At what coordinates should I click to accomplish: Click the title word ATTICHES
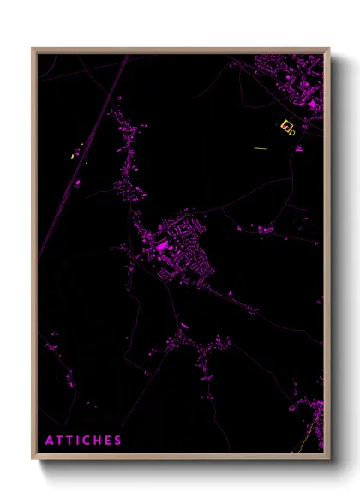83,441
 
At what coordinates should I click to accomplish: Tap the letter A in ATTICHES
50,441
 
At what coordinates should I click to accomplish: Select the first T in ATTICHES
60,441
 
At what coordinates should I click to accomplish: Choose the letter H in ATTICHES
97,441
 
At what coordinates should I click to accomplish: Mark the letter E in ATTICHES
107,441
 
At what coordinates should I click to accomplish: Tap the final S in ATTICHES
117,441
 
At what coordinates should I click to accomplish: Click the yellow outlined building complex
288,128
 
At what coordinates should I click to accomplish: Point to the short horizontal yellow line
260,148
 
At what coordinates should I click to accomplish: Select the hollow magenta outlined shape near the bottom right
292,408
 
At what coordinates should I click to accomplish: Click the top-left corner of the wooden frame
33,49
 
